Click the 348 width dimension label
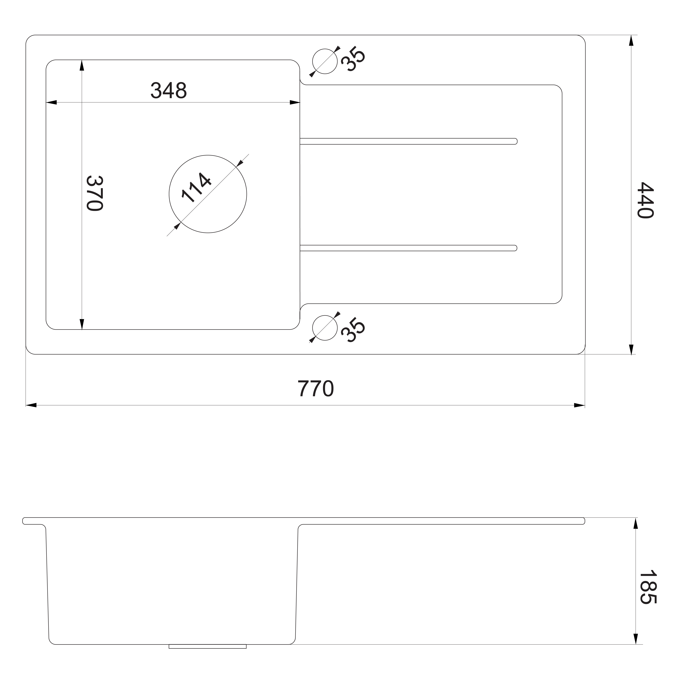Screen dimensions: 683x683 (169, 90)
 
